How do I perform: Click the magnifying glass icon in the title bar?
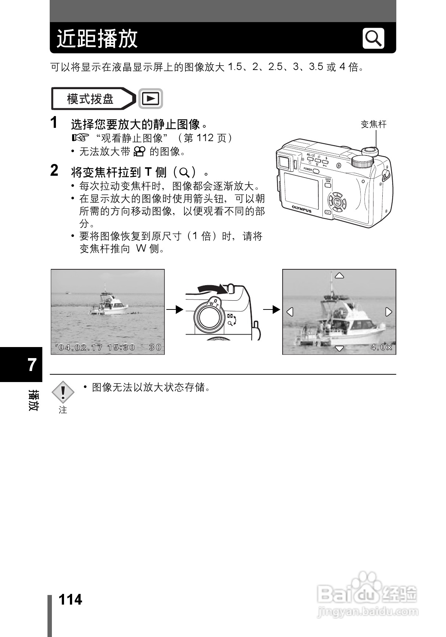(x=373, y=38)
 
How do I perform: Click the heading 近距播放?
(x=97, y=38)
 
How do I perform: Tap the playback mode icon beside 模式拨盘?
(x=151, y=99)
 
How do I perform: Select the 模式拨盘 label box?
(x=91, y=99)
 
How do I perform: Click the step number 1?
(x=54, y=123)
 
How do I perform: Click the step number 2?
(x=54, y=171)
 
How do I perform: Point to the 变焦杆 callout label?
(x=374, y=124)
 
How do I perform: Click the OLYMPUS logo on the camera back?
(x=302, y=209)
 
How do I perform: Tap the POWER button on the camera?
(x=316, y=171)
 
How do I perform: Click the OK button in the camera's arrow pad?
(x=337, y=202)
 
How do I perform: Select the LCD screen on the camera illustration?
(x=301, y=190)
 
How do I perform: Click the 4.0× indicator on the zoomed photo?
(x=381, y=347)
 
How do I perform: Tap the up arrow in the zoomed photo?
(x=339, y=276)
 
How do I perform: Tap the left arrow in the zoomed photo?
(x=290, y=312)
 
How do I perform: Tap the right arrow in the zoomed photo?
(x=388, y=312)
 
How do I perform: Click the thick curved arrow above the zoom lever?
(x=212, y=288)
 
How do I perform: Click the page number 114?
(x=71, y=600)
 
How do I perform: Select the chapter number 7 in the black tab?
(x=32, y=365)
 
